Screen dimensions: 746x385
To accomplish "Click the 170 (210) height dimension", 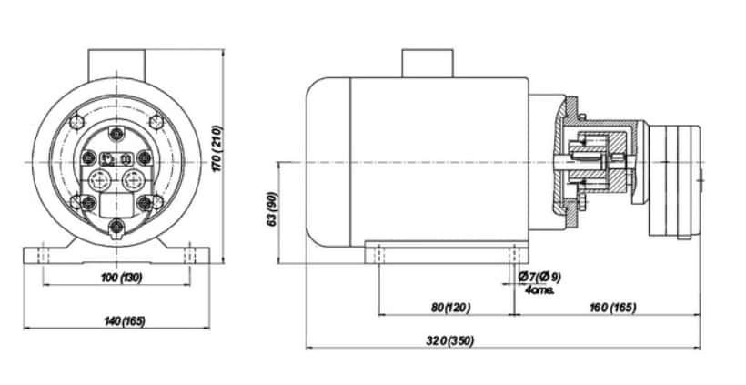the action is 217,149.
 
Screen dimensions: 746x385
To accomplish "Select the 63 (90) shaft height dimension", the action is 272,209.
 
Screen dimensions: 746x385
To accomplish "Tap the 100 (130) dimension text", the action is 122,278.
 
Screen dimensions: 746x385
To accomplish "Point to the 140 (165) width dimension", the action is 124,321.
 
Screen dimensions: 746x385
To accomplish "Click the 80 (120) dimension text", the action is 451,308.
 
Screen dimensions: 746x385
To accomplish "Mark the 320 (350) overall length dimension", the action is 450,340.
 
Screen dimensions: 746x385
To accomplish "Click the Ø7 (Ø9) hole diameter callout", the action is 539,277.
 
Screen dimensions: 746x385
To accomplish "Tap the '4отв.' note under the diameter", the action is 539,289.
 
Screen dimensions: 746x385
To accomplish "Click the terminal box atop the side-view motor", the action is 428,64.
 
